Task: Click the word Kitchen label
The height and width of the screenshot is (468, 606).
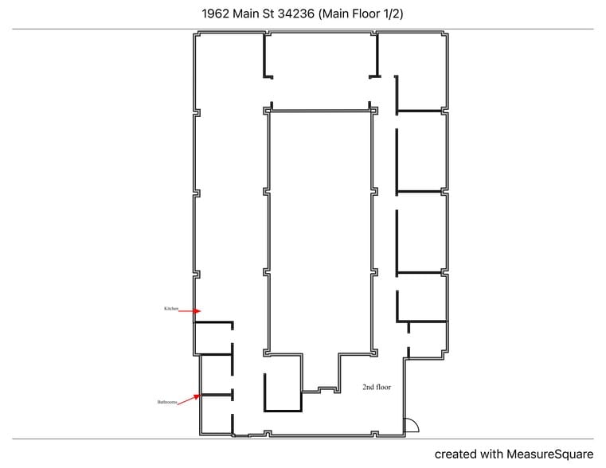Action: coord(170,308)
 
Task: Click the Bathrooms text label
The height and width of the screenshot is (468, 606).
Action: coord(166,404)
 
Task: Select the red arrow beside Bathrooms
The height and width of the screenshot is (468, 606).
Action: coord(188,400)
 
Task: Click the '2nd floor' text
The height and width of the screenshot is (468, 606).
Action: coord(376,387)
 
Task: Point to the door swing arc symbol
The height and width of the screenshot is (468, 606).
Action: coord(412,426)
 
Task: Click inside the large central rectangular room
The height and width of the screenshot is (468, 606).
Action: coord(320,231)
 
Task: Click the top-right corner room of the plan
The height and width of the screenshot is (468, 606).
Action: coord(422,72)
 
